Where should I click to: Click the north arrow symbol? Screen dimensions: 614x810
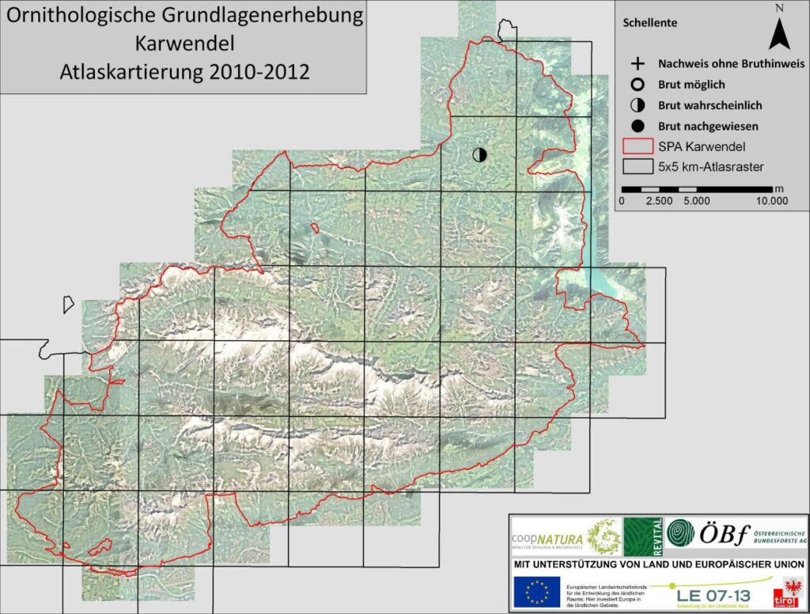[x=779, y=33]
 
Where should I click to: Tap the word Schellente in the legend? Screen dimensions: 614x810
[x=649, y=23]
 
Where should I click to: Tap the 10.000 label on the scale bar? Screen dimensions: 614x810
[x=771, y=201]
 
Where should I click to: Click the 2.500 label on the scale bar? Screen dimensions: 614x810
[x=659, y=201]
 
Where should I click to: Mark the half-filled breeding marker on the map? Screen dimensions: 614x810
[x=479, y=154]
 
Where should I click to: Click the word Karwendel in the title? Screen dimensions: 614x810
[x=184, y=43]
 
